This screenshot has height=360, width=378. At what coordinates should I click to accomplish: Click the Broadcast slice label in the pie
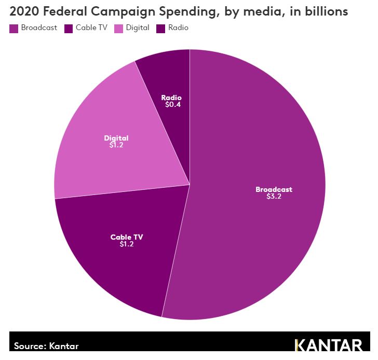coord(274,189)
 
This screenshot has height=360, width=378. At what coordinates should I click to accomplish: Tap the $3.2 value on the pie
coord(274,197)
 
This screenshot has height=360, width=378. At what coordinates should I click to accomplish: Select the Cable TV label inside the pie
coord(126,237)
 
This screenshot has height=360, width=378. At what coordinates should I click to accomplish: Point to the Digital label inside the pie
coord(116,138)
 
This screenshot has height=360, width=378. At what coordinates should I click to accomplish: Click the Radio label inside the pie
coord(171,98)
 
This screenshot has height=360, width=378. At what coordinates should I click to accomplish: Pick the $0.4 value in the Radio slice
coord(173,104)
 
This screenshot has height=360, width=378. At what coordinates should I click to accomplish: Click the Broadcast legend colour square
coord(14,28)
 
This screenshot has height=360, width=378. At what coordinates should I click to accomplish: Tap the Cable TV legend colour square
coord(69,28)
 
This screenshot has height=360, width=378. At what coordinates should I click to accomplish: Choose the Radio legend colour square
coord(161,28)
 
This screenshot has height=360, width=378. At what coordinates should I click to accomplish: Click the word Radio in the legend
coord(178,28)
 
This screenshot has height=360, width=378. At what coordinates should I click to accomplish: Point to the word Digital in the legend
coord(137,28)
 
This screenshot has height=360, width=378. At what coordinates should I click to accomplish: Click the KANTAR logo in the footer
coord(328,345)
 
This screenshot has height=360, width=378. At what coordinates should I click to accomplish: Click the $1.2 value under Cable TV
coord(126,244)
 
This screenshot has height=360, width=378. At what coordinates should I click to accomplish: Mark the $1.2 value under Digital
coord(116,145)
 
